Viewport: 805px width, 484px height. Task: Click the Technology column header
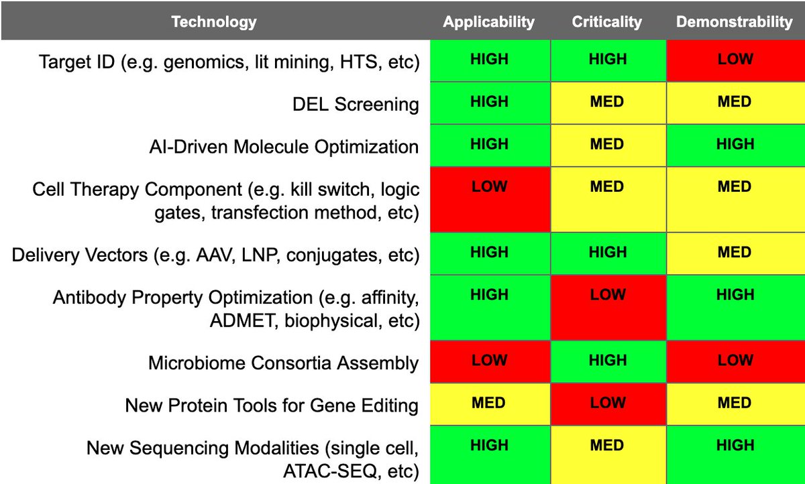click(x=214, y=21)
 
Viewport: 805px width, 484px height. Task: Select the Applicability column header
click(x=489, y=21)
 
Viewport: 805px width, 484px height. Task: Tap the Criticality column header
click(x=607, y=21)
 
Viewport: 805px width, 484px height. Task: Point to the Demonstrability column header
click(x=735, y=21)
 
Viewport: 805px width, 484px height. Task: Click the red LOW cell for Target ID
click(x=735, y=60)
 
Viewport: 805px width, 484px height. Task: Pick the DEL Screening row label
click(x=356, y=104)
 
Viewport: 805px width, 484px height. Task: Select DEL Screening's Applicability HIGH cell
click(x=490, y=103)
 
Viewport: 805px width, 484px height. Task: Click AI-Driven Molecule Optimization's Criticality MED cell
click(x=607, y=145)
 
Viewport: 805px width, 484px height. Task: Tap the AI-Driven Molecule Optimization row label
click(x=284, y=146)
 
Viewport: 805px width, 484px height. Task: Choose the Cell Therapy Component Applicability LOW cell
click(x=490, y=198)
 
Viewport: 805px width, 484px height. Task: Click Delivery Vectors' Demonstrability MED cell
click(x=735, y=253)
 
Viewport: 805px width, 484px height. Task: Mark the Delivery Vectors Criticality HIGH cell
click(x=607, y=253)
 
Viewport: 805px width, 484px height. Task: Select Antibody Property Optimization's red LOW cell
click(x=607, y=307)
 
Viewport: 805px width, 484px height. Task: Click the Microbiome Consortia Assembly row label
click(x=283, y=363)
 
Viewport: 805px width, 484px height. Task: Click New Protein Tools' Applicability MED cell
click(x=490, y=404)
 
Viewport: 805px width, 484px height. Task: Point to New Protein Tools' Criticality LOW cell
click(x=607, y=404)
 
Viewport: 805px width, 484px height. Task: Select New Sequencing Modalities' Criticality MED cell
click(x=607, y=455)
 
